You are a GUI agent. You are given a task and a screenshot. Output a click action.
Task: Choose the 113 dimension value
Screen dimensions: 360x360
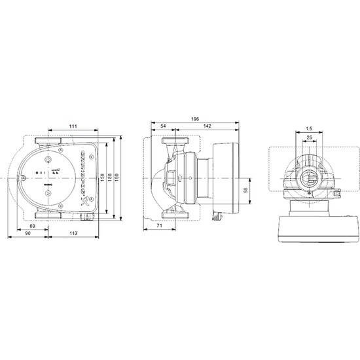(73, 234)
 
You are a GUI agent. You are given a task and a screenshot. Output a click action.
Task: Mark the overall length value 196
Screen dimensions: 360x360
(197, 120)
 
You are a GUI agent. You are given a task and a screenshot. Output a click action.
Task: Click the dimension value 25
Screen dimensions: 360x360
(308, 138)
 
